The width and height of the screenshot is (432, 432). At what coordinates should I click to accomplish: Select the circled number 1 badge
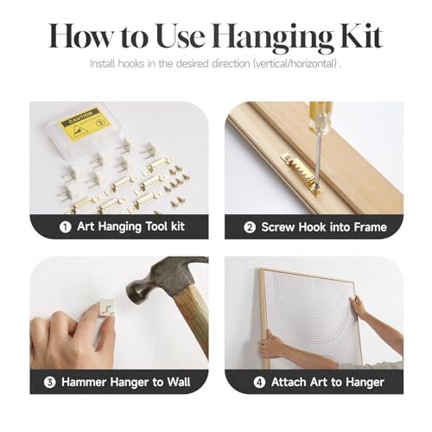(65, 227)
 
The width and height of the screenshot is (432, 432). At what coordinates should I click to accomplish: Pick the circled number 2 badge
(250, 227)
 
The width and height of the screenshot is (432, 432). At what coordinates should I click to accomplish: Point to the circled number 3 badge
(49, 383)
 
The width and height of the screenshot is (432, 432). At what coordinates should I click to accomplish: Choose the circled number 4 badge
(259, 383)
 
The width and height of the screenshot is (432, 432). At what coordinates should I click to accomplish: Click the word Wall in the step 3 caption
(179, 382)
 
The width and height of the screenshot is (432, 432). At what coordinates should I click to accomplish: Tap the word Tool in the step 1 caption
(157, 226)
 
